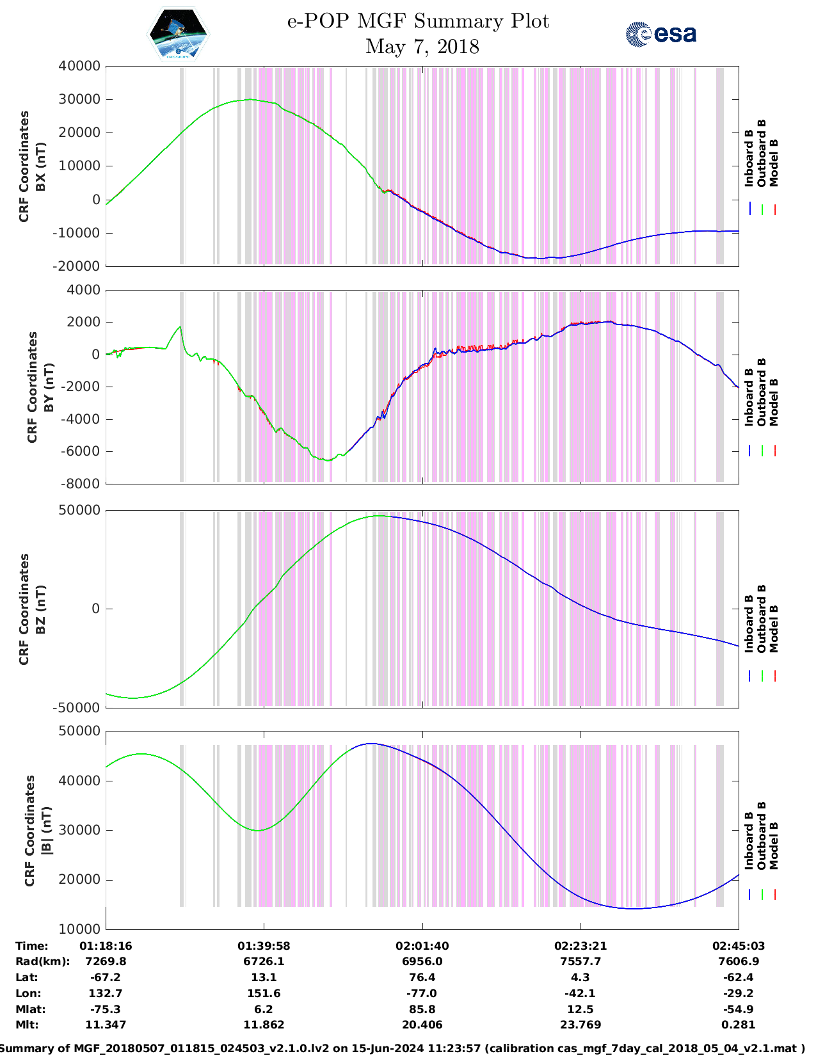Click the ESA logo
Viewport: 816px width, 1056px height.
pyautogui.click(x=661, y=34)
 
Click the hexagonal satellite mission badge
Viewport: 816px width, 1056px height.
pyautogui.click(x=178, y=34)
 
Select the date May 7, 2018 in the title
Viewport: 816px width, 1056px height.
pyautogui.click(x=422, y=47)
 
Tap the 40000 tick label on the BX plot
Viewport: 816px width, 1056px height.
pyautogui.click(x=79, y=66)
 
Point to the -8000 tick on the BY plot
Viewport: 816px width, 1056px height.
pyautogui.click(x=81, y=484)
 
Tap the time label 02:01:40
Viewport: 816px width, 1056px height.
pyautogui.click(x=422, y=946)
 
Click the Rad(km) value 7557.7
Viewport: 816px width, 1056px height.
pyautogui.click(x=580, y=961)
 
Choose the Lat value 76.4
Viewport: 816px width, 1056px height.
pyautogui.click(x=422, y=977)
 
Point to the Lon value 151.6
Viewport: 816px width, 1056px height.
pyautogui.click(x=263, y=993)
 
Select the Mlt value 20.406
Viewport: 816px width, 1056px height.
pyautogui.click(x=422, y=1025)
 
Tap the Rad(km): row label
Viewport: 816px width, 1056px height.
pyautogui.click(x=42, y=961)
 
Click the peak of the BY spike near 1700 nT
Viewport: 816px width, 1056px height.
pyautogui.click(x=180, y=327)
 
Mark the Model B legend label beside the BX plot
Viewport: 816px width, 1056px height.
pyautogui.click(x=774, y=163)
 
